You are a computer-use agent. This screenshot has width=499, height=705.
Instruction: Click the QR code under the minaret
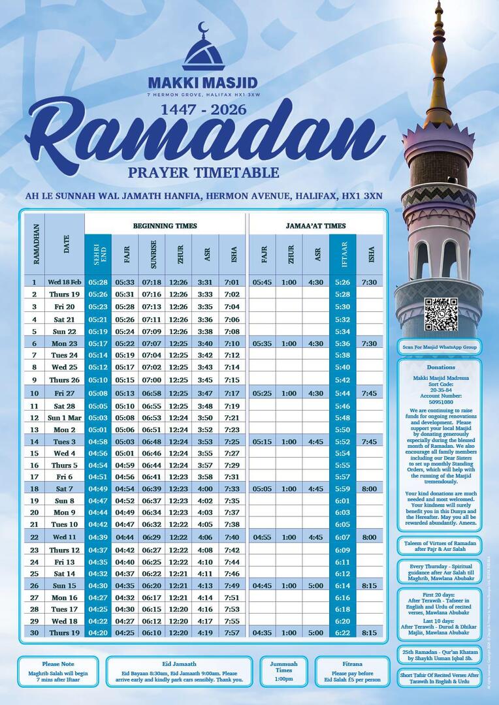[440, 315]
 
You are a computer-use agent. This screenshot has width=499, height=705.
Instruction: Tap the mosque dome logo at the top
[203, 49]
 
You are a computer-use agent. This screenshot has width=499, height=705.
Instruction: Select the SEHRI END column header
[97, 254]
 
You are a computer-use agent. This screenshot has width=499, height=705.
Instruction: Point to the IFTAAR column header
[343, 254]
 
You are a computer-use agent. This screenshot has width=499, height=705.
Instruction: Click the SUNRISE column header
[151, 254]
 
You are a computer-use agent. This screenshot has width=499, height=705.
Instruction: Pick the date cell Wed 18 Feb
[65, 282]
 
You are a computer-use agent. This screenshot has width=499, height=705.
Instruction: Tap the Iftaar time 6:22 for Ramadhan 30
[343, 633]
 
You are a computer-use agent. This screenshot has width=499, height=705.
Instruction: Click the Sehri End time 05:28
[97, 282]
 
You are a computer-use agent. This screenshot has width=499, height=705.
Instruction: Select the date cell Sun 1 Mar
[65, 418]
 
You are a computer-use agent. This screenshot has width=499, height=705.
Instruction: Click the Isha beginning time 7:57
[231, 633]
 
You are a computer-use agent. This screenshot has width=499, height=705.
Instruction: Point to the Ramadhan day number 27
[34, 597]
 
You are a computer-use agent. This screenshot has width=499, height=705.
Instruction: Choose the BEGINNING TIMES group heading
[165, 226]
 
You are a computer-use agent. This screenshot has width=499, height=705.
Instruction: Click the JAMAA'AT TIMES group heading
[315, 226]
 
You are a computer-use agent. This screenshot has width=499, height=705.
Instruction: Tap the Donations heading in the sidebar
[440, 368]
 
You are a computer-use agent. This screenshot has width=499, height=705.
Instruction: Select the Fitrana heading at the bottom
[347, 664]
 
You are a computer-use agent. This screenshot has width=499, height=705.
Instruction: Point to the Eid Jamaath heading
[178, 664]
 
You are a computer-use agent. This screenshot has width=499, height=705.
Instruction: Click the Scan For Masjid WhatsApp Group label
[440, 347]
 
